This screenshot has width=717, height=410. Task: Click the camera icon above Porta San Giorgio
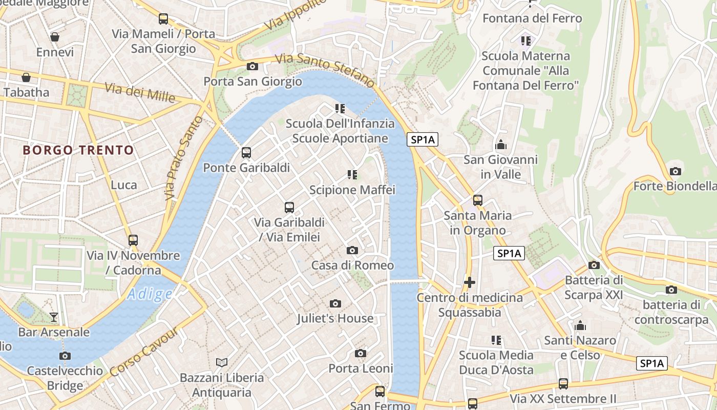252,66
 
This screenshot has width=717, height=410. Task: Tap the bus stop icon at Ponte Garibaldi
246,153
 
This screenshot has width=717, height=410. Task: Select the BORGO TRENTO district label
78,150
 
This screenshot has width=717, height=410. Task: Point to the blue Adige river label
150,294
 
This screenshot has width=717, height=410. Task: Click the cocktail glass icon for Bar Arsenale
54,317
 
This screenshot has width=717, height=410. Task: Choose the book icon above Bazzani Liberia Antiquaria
222,362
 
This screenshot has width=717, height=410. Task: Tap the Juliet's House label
335,318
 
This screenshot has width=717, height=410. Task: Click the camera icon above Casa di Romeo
352,250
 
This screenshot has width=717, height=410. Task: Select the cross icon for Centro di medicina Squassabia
469,282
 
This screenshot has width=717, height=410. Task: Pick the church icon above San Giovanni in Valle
501,145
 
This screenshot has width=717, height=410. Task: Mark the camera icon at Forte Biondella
675,171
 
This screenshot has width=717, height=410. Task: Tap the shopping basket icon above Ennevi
55,37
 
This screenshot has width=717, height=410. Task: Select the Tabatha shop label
27,93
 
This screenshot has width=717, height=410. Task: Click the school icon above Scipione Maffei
352,175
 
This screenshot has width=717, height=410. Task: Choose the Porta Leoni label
361,368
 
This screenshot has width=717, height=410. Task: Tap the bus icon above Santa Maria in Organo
477,200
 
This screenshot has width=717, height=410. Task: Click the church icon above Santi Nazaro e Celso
580,325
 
